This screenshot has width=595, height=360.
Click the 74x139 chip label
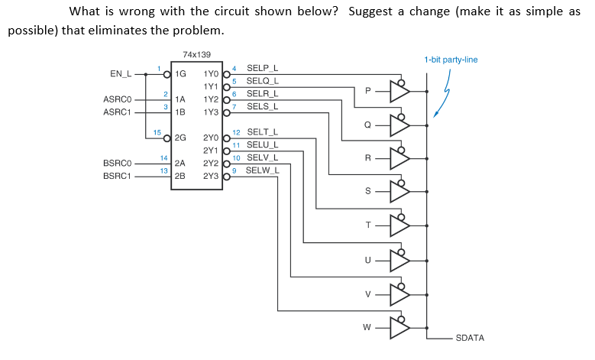(196, 55)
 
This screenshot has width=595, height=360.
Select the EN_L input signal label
(121, 74)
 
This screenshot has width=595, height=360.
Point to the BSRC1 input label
(118, 175)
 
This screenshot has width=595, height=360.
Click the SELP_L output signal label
(263, 68)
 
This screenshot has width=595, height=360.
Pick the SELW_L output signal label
(263, 169)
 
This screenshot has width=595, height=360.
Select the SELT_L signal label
(263, 131)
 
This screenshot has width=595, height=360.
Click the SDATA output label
(470, 337)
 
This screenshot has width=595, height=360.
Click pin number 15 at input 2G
(157, 132)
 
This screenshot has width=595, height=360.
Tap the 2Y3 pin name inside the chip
(212, 175)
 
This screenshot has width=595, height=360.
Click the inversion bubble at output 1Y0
(226, 75)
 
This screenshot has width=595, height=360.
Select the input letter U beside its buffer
(370, 259)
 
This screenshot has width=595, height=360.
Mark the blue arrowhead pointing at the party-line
(436, 115)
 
